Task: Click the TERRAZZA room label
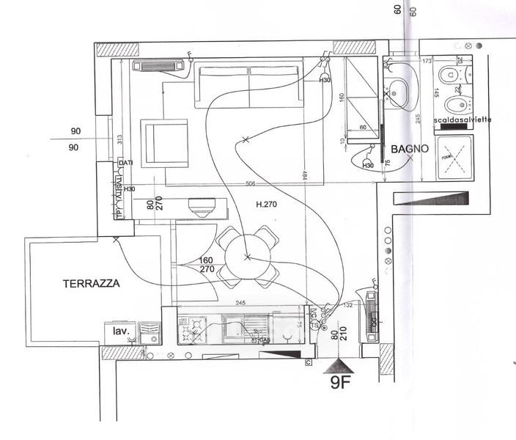pyautogui.click(x=91, y=282)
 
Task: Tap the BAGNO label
pyautogui.click(x=404, y=149)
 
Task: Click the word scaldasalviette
pyautogui.click(x=461, y=119)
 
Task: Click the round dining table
pyautogui.click(x=247, y=257)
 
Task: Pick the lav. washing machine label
pyautogui.click(x=121, y=331)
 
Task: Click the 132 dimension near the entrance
pyautogui.click(x=349, y=304)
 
